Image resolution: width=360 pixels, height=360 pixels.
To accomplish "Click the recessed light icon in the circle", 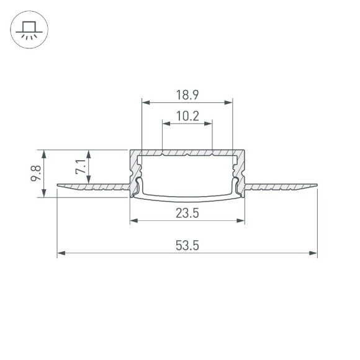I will coord(27,29).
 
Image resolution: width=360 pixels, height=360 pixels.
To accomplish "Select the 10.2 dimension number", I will coord(187,115).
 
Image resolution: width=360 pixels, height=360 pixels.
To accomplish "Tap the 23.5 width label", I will coord(187,214).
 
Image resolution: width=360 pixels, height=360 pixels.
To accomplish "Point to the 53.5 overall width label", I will coord(187,246).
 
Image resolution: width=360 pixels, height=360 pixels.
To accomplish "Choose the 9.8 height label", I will coord(35,173).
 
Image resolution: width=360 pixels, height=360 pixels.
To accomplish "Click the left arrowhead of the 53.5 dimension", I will coord(60,253).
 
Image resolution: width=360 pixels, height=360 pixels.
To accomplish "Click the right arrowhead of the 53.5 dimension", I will coord(314,253).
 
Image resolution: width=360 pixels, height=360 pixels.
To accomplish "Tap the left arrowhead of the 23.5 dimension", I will coord(133,222).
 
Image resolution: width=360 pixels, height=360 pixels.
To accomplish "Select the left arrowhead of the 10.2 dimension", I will coord(165,123).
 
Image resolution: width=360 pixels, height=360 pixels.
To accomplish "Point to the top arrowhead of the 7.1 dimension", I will coord(90,153).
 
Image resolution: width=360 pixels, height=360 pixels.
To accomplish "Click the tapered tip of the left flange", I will coord(59,185).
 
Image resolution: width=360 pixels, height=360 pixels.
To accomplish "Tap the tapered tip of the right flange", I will coord(315,185).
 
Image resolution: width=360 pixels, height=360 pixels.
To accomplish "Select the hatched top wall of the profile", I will coord(187,152).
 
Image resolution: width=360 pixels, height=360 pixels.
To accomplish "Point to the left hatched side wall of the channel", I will coord(133,171).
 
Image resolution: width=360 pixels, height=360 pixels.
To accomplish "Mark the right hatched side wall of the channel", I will coord(240,171).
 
